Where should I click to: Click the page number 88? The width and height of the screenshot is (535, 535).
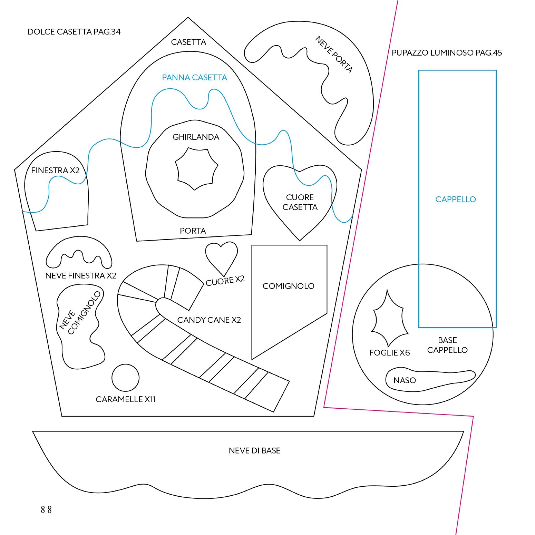[46, 509]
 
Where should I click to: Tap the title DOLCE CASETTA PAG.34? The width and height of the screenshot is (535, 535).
[74, 32]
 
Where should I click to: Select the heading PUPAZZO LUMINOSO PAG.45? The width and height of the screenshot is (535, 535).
[446, 53]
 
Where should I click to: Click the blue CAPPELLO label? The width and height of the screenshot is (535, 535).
[455, 199]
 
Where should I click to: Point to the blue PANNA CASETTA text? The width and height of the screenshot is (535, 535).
[194, 78]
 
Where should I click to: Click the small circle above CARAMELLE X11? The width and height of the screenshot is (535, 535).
[125, 378]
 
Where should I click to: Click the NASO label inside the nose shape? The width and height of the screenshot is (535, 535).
[405, 380]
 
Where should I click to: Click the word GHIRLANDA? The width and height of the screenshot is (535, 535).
[196, 137]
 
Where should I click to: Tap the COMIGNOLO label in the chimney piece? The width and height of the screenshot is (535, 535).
[288, 286]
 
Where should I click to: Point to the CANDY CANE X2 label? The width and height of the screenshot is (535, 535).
[209, 320]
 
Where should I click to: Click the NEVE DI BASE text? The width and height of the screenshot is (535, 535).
[254, 450]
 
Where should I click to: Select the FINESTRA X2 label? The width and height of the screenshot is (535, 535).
[55, 171]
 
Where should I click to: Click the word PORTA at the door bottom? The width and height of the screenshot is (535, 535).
[193, 231]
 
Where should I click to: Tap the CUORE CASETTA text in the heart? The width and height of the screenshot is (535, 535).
[300, 202]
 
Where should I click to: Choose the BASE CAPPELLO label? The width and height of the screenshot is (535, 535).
[447, 345]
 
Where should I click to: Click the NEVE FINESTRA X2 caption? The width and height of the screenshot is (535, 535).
[81, 276]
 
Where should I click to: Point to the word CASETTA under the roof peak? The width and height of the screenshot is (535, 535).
[188, 42]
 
